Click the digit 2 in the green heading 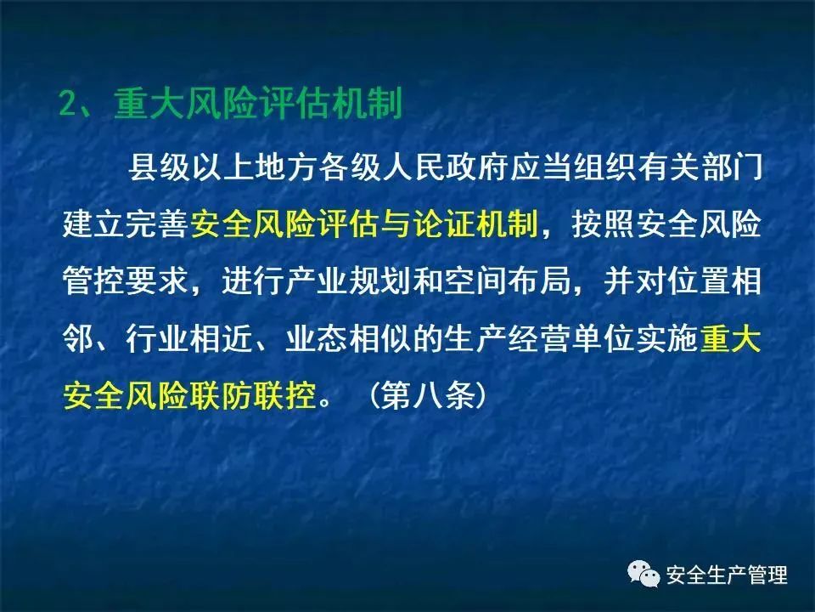68,104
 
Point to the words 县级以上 191,167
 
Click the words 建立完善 126,224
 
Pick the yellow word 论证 445,224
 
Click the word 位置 700,282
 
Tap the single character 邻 78,339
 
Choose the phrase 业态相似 349,339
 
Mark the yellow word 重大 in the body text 731,339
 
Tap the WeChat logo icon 644,574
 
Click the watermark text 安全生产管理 727,575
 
